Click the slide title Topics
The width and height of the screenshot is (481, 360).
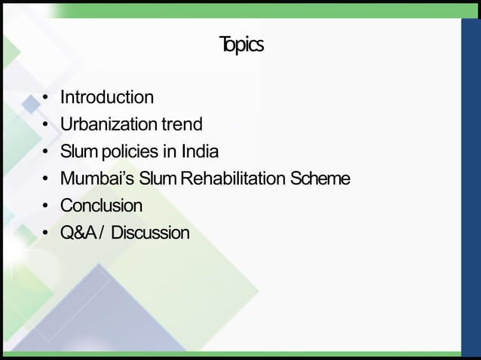point(240,46)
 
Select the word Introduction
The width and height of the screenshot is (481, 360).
point(106,97)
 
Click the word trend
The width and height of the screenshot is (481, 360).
point(182,124)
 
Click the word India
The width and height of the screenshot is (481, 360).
point(200,151)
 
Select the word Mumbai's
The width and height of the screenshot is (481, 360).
point(92,178)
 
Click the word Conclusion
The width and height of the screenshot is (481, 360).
point(101,206)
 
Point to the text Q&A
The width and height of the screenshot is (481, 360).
point(77,233)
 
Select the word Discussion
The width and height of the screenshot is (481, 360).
point(150,233)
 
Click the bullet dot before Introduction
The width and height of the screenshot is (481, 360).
point(46,99)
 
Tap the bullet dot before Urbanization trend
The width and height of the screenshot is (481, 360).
point(46,126)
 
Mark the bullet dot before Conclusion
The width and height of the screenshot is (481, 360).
point(46,207)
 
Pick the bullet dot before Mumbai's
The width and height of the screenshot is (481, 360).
point(46,180)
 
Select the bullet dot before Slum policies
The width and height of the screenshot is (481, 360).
point(46,153)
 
